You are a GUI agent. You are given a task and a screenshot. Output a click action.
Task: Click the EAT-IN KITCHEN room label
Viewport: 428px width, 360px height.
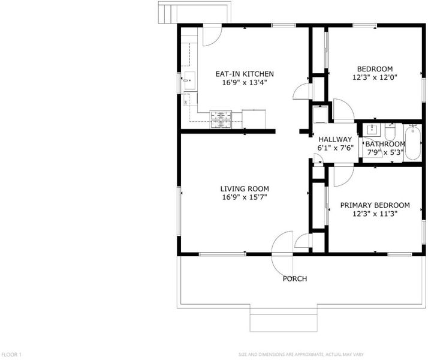pyautogui.click(x=245, y=74)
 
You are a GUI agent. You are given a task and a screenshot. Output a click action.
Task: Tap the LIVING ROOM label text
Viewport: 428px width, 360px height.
pyautogui.click(x=245, y=189)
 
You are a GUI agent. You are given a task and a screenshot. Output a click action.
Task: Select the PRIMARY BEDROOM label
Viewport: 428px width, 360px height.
pyautogui.click(x=375, y=205)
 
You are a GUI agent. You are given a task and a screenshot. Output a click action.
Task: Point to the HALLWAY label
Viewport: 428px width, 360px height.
pyautogui.click(x=335, y=140)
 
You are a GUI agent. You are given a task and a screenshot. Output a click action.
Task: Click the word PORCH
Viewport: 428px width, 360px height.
pyautogui.click(x=295, y=279)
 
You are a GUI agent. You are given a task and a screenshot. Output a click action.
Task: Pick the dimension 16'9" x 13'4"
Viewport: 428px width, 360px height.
pyautogui.click(x=245, y=82)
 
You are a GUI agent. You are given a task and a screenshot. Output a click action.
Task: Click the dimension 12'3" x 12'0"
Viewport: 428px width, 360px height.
pyautogui.click(x=375, y=77)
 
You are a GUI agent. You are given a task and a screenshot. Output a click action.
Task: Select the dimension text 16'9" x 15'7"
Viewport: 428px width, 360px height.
pyautogui.click(x=245, y=197)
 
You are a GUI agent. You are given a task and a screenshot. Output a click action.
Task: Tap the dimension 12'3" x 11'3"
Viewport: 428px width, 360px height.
pyautogui.click(x=375, y=214)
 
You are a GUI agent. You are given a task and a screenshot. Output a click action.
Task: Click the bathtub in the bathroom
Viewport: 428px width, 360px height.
pyautogui.click(x=412, y=142)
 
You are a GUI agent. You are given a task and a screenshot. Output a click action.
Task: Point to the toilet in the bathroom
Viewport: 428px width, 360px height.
pyautogui.click(x=390, y=131)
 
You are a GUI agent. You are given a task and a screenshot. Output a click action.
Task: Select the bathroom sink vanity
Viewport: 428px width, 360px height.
pyautogui.click(x=372, y=130)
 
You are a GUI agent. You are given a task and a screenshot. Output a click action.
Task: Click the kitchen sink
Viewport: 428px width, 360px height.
pyautogui.click(x=189, y=80)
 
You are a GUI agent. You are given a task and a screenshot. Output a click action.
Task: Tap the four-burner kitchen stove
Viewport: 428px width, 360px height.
pyautogui.click(x=221, y=119)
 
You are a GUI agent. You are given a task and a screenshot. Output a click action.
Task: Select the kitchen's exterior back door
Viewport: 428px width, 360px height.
pyautogui.click(x=212, y=35)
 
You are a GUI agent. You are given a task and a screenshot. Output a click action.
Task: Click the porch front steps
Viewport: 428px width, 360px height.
pyautogui.click(x=284, y=323)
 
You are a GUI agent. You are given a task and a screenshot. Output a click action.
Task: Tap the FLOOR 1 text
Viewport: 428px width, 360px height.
pyautogui.click(x=11, y=355)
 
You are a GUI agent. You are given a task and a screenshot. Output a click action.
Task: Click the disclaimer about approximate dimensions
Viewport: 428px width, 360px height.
pyautogui.click(x=301, y=355)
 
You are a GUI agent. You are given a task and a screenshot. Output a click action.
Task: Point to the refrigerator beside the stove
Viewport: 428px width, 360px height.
pyautogui.click(x=254, y=119)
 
